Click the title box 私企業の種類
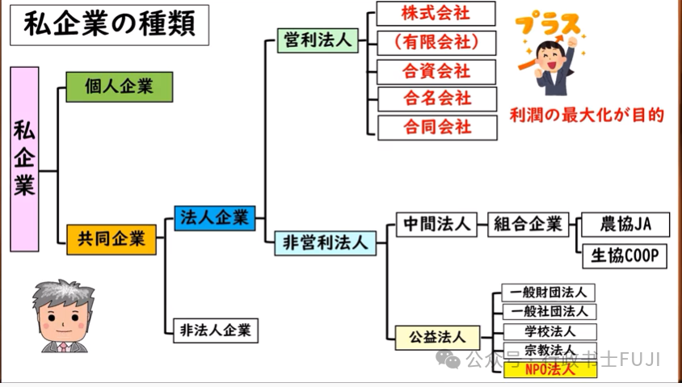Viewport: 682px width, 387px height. coord(108,25)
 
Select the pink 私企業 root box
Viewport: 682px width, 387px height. coord(25,159)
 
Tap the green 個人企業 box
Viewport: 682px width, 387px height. coord(119,86)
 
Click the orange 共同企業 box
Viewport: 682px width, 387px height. coord(112,238)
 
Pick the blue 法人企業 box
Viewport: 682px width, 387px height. coord(215,217)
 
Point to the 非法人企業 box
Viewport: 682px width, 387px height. coord(215,330)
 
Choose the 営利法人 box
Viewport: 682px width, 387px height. coord(318,40)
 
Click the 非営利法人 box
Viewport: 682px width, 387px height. coord(325,242)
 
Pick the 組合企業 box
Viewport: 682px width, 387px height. coord(528,224)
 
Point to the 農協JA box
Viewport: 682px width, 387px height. coord(625,224)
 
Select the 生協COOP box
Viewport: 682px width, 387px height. coord(625,255)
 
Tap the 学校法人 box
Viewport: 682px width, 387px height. coord(549,331)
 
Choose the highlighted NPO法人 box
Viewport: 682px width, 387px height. coord(549,370)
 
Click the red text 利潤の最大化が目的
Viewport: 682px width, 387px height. coord(587,116)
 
